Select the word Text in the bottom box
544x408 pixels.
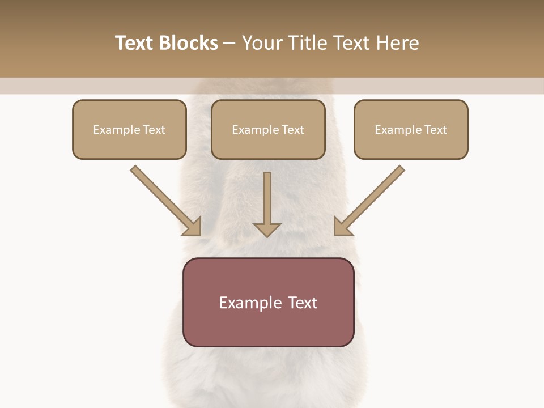pos(303,303)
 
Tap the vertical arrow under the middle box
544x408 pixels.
pos(267,198)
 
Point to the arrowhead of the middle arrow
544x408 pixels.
pos(267,229)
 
